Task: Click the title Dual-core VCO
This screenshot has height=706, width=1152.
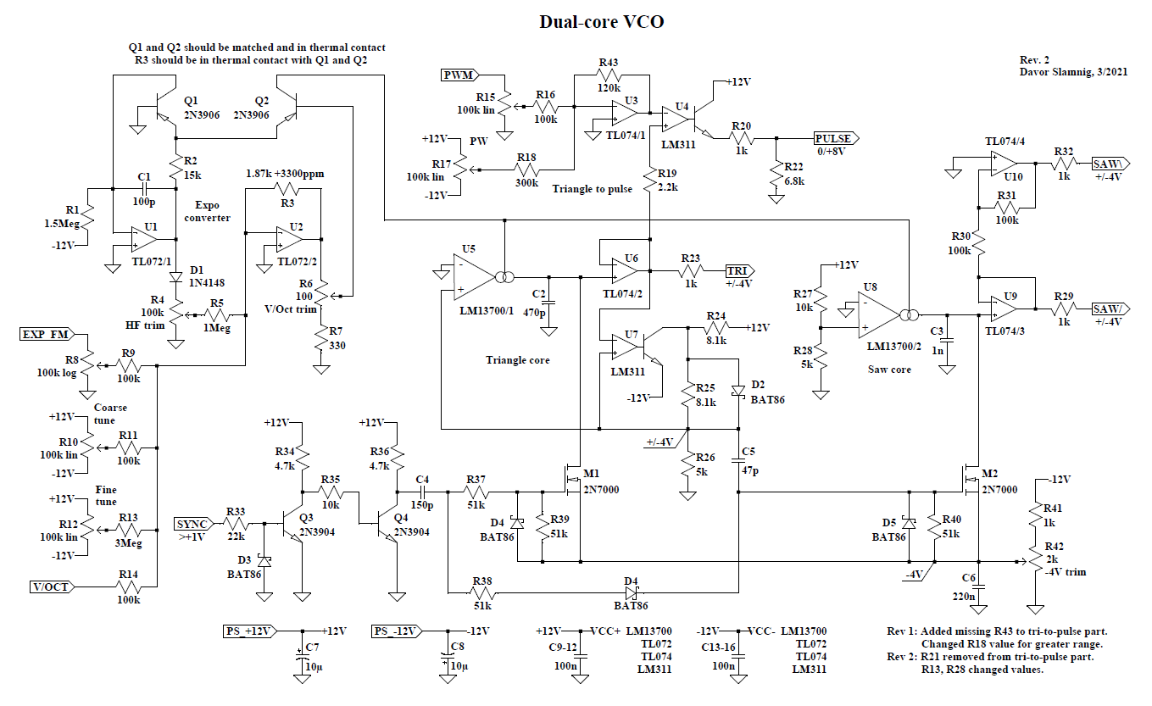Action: [601, 22]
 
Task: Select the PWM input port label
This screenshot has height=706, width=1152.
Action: [459, 75]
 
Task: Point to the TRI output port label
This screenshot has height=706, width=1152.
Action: [738, 271]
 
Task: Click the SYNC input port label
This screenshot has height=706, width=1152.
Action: [194, 523]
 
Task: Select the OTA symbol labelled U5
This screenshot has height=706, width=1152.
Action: [470, 276]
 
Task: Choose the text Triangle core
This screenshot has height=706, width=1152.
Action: [517, 360]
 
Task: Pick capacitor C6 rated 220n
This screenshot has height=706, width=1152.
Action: [978, 587]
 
